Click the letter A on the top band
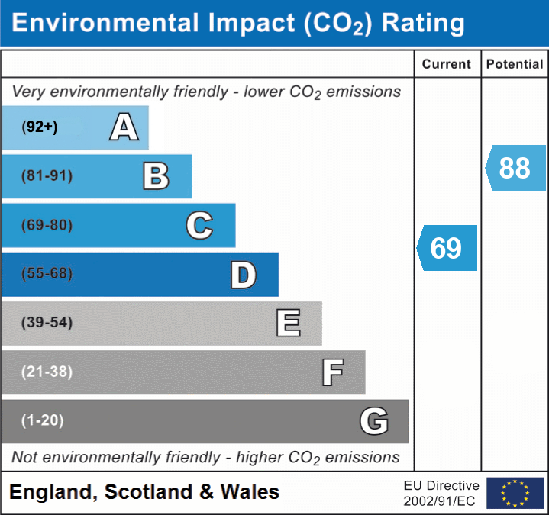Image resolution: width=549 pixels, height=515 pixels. pyautogui.click(x=124, y=127)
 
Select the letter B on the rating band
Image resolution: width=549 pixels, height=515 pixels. pyautogui.click(x=156, y=176)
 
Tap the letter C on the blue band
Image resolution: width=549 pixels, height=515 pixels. pyautogui.click(x=199, y=225)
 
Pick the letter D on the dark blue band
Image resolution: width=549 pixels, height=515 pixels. pyautogui.click(x=243, y=275)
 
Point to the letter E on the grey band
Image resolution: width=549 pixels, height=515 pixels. pyautogui.click(x=288, y=323)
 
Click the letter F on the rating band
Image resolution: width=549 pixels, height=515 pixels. pyautogui.click(x=332, y=372)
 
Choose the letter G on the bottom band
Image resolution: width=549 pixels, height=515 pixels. pyautogui.click(x=374, y=421)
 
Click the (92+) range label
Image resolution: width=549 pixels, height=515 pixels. pyautogui.click(x=40, y=127)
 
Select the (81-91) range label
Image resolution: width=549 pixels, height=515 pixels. pyautogui.click(x=47, y=176)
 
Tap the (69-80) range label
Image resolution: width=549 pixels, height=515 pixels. pyautogui.click(x=47, y=225)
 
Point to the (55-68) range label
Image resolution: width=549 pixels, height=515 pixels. pyautogui.click(x=47, y=274)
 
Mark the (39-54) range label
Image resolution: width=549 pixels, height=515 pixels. pyautogui.click(x=47, y=323)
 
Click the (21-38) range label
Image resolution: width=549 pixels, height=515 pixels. pyautogui.click(x=47, y=372)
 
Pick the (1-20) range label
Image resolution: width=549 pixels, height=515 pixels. pyautogui.click(x=43, y=420)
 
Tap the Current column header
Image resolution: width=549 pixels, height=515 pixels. pyautogui.click(x=447, y=65)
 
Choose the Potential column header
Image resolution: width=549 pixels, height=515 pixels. pyautogui.click(x=515, y=65)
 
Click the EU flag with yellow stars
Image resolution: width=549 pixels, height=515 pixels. pyautogui.click(x=515, y=493)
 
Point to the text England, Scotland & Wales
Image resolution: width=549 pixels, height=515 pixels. pyautogui.click(x=144, y=492)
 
